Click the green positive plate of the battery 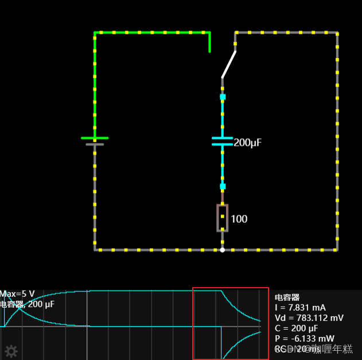pyautogui.click(x=95, y=138)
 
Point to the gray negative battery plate pyautogui.click(x=95, y=145)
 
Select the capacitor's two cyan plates pyautogui.click(x=223, y=141)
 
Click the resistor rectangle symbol pyautogui.click(x=223, y=218)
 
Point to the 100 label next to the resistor pyautogui.click(x=239, y=219)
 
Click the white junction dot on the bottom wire pyautogui.click(x=223, y=250)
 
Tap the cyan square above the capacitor pyautogui.click(x=223, y=97)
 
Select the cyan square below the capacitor pyautogui.click(x=223, y=186)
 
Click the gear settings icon pyautogui.click(x=11, y=351)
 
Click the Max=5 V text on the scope pyautogui.click(x=18, y=294)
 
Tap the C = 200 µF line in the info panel pyautogui.click(x=297, y=328)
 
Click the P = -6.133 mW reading pyautogui.click(x=302, y=339)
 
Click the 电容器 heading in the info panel pyautogui.click(x=287, y=297)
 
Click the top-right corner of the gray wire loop pyautogui.click(x=337, y=33)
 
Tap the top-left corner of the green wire pyautogui.click(x=95, y=33)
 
